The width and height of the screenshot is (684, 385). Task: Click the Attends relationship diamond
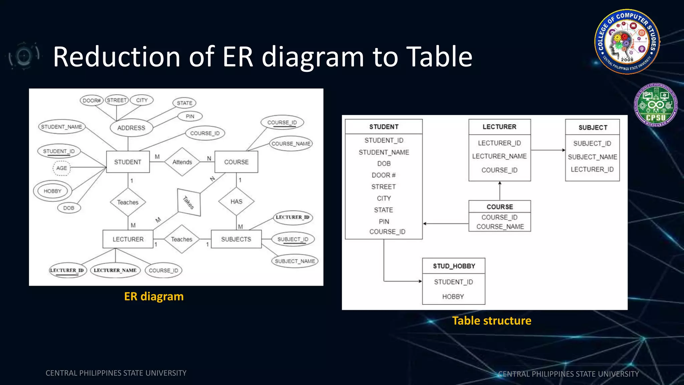pos(182,162)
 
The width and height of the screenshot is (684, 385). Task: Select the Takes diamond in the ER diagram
pos(189,202)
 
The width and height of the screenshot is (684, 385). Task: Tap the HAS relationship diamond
pos(236,202)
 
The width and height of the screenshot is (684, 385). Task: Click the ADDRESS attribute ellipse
pos(131,128)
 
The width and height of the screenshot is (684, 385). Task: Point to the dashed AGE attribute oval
pos(61,168)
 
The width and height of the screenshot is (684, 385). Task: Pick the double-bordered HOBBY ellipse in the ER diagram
pos(52,191)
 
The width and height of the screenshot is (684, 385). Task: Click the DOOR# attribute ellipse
pos(92,100)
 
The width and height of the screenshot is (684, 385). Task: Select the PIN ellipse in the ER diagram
pos(190,116)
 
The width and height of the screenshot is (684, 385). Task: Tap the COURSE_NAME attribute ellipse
pos(291,144)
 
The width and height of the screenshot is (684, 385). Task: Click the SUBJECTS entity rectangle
pos(236,239)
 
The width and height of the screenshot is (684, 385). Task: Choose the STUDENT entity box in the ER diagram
pos(128,162)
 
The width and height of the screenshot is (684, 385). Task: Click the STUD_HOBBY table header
pos(454,266)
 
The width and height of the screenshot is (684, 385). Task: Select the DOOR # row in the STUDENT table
pos(383,175)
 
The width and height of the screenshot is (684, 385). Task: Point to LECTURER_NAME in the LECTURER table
pos(499,156)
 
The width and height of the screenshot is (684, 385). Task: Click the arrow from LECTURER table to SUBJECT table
pos(548,150)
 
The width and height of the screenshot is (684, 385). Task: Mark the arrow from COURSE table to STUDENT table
pos(446,224)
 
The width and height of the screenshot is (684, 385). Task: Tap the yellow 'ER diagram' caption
pos(154,296)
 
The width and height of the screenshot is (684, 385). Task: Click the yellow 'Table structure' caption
pos(492,321)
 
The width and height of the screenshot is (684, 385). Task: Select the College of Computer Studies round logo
pos(627,41)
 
